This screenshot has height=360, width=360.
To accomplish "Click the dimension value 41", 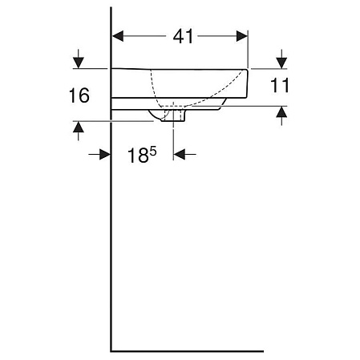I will coord(183,37).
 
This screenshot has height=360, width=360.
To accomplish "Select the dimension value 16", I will coord(79,96).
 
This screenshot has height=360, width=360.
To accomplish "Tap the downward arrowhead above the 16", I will coord(78,61).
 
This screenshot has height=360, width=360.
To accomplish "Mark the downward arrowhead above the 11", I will coord(281,61).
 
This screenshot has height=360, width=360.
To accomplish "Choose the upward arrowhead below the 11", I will coord(281,114).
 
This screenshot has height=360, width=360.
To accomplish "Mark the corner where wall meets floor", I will coord(111,350).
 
